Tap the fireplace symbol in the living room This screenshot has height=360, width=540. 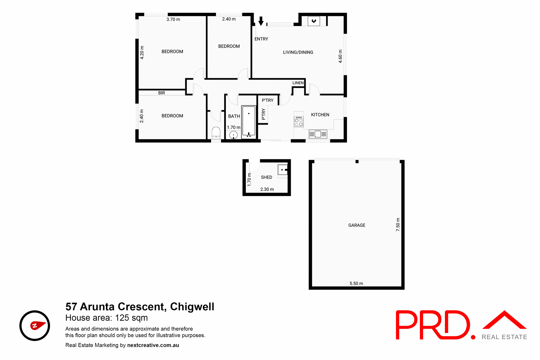(x=314, y=21)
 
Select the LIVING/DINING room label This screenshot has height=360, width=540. (x=298, y=52)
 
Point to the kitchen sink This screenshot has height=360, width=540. (x=318, y=134)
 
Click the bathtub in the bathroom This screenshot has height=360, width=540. (x=249, y=121)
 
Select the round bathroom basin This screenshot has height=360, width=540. (x=233, y=135)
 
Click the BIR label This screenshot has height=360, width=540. (x=161, y=93)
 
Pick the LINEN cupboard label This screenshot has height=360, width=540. (x=298, y=83)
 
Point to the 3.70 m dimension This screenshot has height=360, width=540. (x=173, y=19)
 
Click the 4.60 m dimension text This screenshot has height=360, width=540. (x=340, y=56)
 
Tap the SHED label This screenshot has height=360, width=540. (x=266, y=177)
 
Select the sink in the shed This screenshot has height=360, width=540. (x=283, y=170)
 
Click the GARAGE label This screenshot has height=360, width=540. (x=357, y=225)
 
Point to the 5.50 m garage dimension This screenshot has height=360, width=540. (x=356, y=283)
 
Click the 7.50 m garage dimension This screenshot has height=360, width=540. (x=398, y=224)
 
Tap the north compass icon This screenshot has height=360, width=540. (x=35, y=326)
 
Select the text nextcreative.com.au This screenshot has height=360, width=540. (x=153, y=345)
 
